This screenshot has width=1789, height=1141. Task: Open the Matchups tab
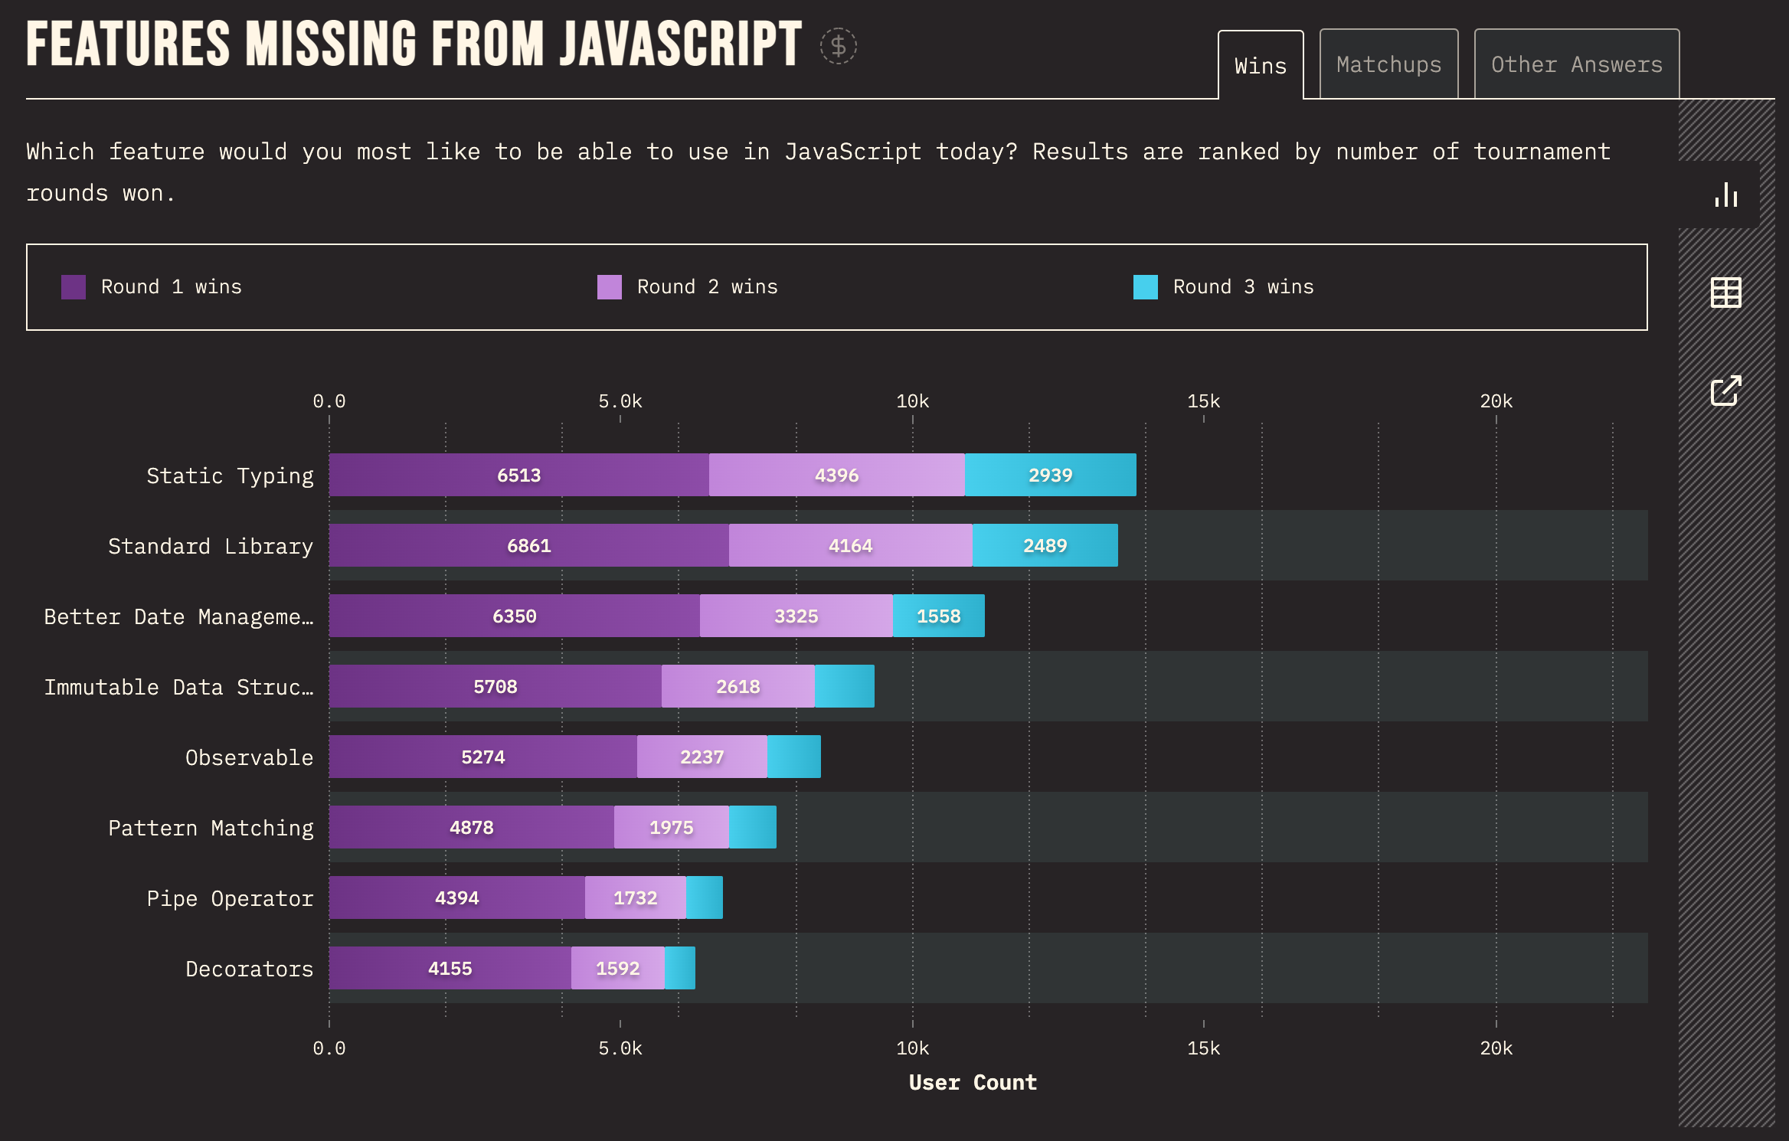pos(1388,64)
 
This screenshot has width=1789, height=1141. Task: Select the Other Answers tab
pos(1576,64)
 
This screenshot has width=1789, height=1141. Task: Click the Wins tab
pos(1261,66)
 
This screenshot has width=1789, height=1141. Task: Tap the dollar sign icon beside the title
pos(839,46)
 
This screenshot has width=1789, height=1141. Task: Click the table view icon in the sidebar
pos(1725,293)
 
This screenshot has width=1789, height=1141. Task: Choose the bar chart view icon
pos(1726,195)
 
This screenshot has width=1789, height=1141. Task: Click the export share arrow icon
pos(1726,391)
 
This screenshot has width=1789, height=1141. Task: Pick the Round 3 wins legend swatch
pos(1146,287)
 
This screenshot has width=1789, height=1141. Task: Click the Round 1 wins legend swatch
pos(74,287)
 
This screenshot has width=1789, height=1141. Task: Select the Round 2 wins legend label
pos(707,287)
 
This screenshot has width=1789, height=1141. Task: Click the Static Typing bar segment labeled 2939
pos(1051,475)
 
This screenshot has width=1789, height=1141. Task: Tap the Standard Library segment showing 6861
pos(529,545)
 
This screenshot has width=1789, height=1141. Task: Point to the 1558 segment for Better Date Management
pos(939,616)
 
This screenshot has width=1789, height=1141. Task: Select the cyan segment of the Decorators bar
pos(680,968)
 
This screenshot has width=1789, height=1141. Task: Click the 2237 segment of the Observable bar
pos(702,757)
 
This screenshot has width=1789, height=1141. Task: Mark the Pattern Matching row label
pos(211,828)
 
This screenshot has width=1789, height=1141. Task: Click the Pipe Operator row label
pos(230,898)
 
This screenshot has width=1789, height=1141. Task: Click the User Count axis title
pos(973,1082)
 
